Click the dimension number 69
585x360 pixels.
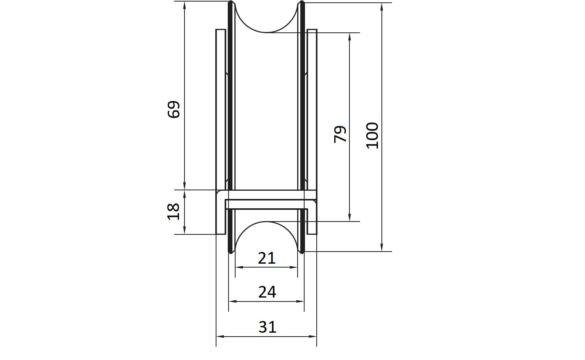point(174,110)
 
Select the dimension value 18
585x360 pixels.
point(174,211)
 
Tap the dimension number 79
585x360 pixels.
point(340,134)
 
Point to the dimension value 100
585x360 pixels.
point(372,136)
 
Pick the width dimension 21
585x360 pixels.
point(267,258)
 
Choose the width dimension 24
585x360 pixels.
point(267,292)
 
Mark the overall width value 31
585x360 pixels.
point(267,327)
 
